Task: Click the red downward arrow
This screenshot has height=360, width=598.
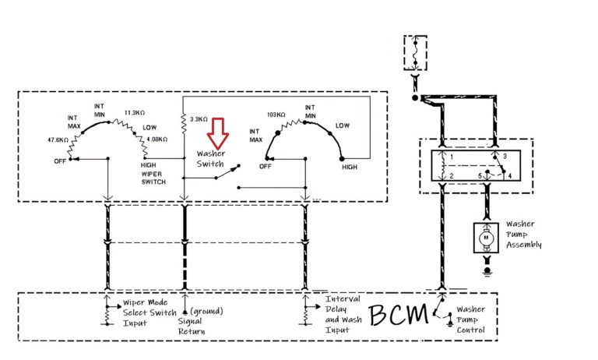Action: pyautogui.click(x=219, y=133)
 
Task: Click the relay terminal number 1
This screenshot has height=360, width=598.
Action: pyautogui.click(x=450, y=157)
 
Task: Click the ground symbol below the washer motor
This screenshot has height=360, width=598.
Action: pyautogui.click(x=487, y=271)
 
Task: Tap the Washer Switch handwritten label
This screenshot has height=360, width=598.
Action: pyautogui.click(x=210, y=159)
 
